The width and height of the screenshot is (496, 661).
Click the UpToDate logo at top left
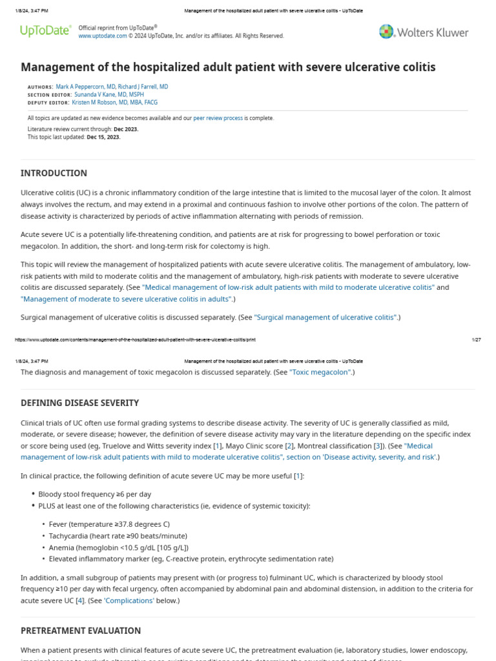(x=45, y=31)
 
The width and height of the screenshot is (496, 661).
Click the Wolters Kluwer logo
(x=424, y=32)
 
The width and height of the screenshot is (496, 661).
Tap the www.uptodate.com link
(x=103, y=36)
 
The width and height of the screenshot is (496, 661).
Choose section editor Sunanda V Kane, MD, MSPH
(x=108, y=94)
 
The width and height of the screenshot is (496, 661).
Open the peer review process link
(x=218, y=118)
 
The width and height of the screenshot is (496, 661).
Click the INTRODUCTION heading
(x=54, y=173)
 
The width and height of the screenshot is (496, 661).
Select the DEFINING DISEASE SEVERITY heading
(x=79, y=403)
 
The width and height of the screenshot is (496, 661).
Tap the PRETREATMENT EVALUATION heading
(x=81, y=631)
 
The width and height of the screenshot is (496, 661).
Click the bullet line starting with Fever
(x=109, y=524)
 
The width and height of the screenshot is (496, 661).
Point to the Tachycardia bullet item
(x=118, y=536)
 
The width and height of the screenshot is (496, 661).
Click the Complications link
(x=129, y=600)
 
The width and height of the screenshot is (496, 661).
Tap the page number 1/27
(x=477, y=340)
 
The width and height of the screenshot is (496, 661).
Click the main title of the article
(x=228, y=67)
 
